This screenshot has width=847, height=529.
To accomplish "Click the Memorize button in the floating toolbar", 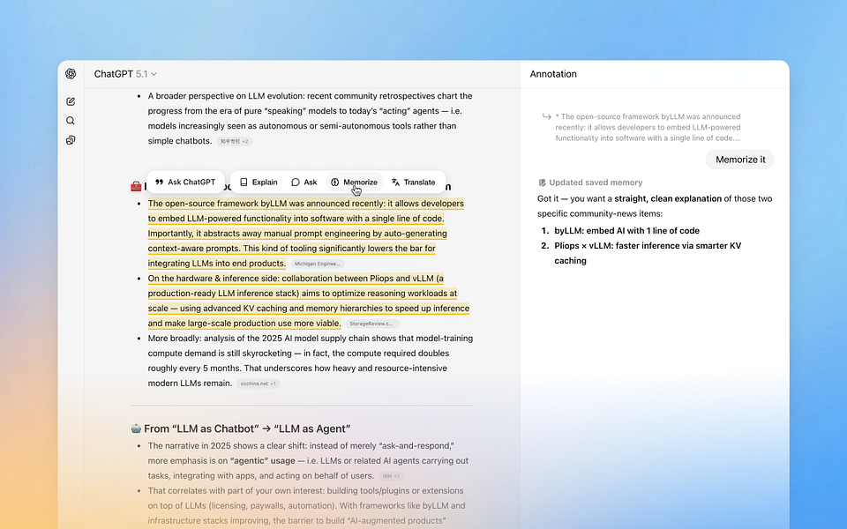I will click(x=354, y=183).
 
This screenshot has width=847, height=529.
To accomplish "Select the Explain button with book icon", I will click(x=259, y=183).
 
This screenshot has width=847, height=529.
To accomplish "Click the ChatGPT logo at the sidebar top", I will click(x=71, y=74).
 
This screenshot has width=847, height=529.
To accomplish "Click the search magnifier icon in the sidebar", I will click(x=71, y=121).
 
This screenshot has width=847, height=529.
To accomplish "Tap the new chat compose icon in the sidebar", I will click(x=71, y=101).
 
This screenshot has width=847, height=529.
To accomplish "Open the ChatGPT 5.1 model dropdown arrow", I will click(x=154, y=75).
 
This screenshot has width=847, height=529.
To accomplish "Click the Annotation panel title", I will click(x=553, y=75).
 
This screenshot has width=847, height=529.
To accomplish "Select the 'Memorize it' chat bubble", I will click(x=739, y=160).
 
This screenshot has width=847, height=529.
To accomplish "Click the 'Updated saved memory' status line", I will click(x=590, y=183).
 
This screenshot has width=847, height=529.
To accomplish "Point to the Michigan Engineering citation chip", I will click(x=318, y=264).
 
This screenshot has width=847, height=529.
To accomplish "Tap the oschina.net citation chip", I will click(x=258, y=384).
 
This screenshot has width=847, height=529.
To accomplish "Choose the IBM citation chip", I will click(x=391, y=476).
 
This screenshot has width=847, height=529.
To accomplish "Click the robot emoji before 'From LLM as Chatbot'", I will click(x=136, y=428).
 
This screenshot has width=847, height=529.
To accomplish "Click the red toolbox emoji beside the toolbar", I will click(x=136, y=186).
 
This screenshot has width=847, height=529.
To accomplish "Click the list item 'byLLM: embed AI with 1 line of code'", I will click(x=626, y=231).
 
